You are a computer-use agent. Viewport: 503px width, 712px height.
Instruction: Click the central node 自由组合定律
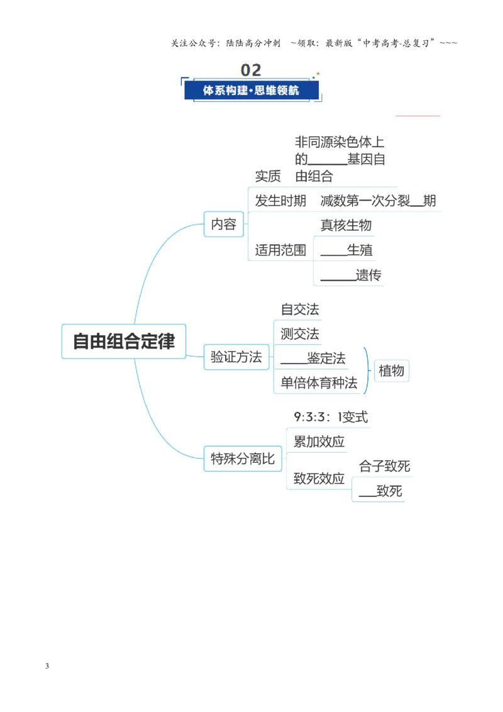tap(124, 342)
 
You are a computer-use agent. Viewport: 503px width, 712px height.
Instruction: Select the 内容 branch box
tap(224, 224)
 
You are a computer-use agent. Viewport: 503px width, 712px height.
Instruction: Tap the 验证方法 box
tap(236, 357)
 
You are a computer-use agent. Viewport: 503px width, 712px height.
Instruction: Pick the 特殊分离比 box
tap(243, 459)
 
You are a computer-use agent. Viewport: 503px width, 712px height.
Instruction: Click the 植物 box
tap(391, 370)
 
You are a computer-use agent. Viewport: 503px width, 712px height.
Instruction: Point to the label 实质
tap(268, 176)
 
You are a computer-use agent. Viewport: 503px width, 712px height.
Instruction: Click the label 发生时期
tap(280, 201)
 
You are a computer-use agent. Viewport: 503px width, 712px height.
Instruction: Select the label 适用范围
tap(280, 250)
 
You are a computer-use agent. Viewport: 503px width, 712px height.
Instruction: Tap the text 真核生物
tap(346, 225)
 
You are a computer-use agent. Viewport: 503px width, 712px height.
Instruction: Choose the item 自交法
tap(300, 309)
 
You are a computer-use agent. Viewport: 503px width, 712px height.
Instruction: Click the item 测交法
tap(300, 334)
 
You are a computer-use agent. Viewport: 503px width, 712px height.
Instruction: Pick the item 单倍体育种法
tap(319, 383)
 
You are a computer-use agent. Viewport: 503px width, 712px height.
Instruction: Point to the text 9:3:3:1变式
tap(331, 417)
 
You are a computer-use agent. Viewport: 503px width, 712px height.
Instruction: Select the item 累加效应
tap(319, 442)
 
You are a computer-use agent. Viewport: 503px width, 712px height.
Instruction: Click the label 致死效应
tap(319, 479)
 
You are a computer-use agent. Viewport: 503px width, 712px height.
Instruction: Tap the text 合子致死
tap(385, 466)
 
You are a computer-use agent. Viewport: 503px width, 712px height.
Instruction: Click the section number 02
tap(251, 70)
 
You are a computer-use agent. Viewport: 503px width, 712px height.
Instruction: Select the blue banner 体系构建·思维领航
tap(251, 91)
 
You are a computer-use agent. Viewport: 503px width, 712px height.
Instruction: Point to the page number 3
tap(47, 666)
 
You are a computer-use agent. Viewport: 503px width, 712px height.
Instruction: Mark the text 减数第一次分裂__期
tap(378, 201)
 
